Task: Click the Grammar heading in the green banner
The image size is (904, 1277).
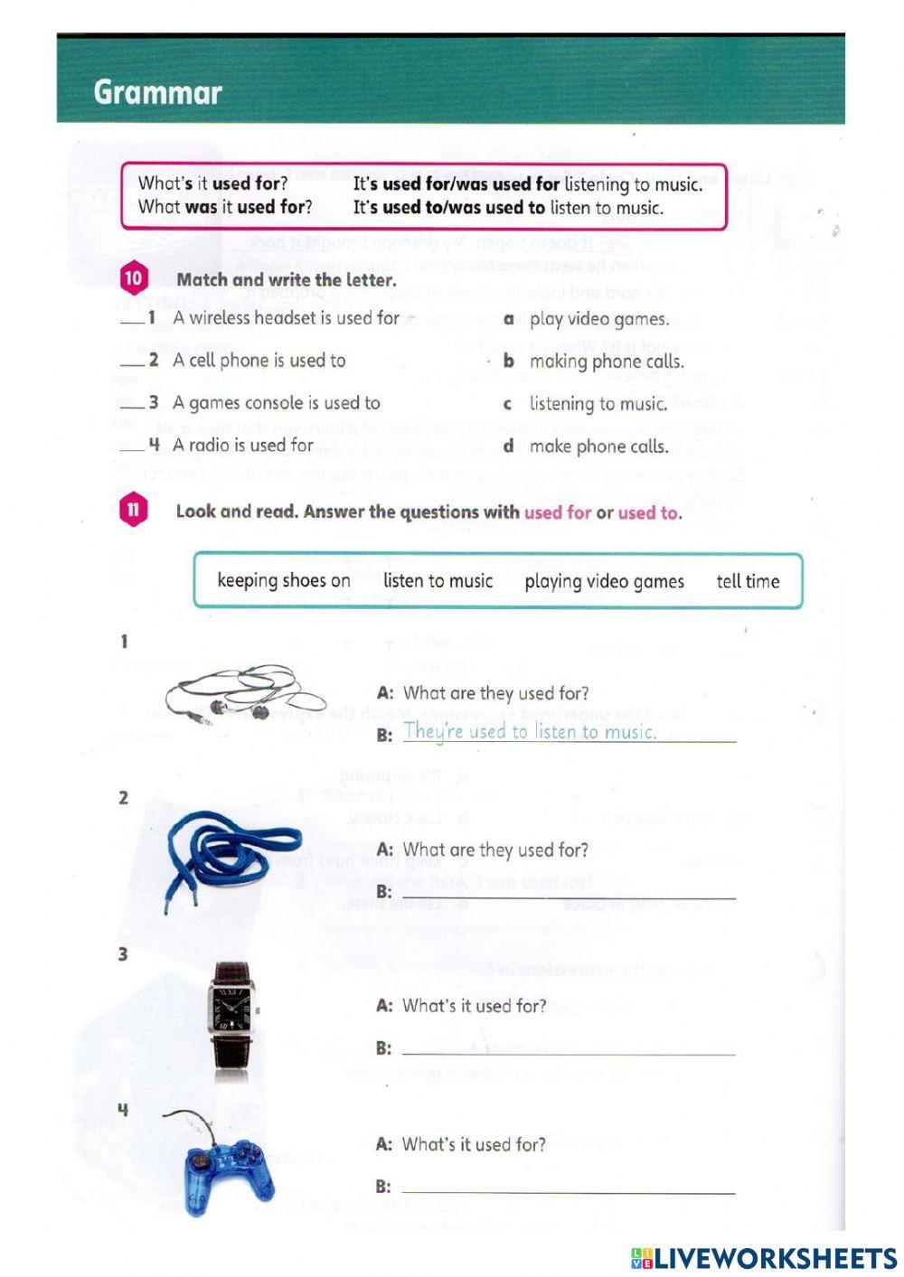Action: click(157, 92)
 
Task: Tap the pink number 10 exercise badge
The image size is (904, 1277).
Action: click(133, 278)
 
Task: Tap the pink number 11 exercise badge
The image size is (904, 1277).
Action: click(133, 510)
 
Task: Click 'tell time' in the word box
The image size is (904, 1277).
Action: click(748, 581)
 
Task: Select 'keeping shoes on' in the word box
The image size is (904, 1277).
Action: click(284, 580)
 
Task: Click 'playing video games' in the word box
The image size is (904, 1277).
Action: click(604, 581)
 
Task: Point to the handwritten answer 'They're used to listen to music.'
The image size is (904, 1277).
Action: click(530, 731)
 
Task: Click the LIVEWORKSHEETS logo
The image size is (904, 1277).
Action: click(764, 1258)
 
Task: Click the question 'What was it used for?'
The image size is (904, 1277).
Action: click(225, 207)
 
